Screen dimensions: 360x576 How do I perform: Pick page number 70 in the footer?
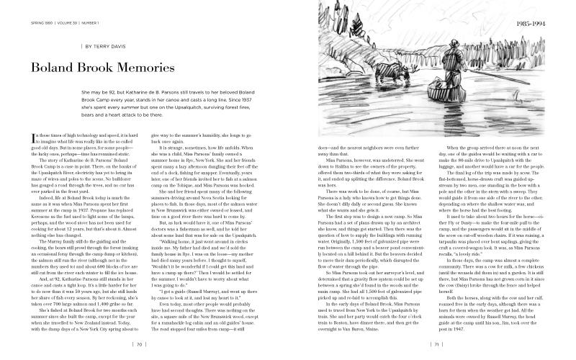140,344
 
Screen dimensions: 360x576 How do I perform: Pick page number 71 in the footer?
436,344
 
